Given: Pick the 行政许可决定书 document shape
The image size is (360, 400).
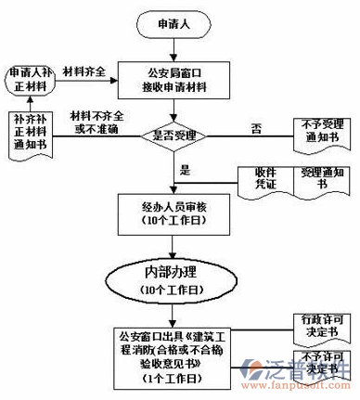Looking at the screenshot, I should pos(319,324).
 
